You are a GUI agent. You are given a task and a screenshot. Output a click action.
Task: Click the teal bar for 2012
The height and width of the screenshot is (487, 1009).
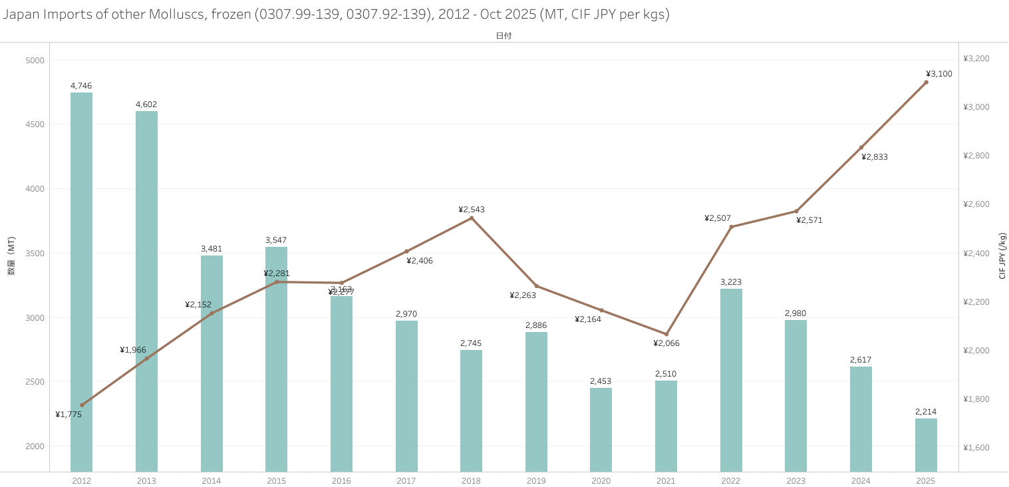pyautogui.click(x=81, y=279)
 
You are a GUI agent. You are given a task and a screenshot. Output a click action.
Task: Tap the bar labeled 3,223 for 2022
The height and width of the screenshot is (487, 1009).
pyautogui.click(x=731, y=379)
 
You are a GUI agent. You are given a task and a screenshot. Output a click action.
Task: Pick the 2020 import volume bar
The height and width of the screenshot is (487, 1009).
pyautogui.click(x=601, y=429)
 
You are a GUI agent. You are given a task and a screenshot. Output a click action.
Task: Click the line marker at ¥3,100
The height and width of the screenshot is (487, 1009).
pyautogui.click(x=926, y=82)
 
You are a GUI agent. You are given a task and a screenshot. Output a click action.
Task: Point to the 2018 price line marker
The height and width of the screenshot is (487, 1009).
pyautogui.click(x=472, y=218)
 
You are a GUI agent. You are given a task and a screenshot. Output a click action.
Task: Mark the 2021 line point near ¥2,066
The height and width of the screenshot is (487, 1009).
pyautogui.click(x=666, y=334)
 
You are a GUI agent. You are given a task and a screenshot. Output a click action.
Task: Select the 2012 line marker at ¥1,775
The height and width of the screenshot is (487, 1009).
pyautogui.click(x=82, y=405)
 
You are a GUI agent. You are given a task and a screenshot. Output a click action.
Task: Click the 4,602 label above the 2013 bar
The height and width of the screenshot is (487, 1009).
pyautogui.click(x=146, y=104)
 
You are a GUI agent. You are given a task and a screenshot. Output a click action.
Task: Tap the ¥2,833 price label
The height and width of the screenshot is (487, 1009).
pyautogui.click(x=875, y=158)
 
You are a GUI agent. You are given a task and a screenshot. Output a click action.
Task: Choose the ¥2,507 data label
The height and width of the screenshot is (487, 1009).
pyautogui.click(x=718, y=218)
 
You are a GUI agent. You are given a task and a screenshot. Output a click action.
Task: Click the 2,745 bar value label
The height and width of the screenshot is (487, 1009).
pyautogui.click(x=471, y=343)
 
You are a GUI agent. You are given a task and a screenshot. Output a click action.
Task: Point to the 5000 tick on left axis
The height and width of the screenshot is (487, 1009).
pyautogui.click(x=35, y=61)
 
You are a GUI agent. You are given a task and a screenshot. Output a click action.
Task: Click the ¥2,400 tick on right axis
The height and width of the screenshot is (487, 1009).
pyautogui.click(x=976, y=253)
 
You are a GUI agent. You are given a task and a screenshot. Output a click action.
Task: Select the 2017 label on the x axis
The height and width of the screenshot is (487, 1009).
pyautogui.click(x=406, y=481)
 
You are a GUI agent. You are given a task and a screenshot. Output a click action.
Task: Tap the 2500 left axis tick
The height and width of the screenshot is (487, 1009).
pyautogui.click(x=35, y=382)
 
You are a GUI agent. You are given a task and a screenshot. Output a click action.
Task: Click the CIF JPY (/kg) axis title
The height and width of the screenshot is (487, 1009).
pyautogui.click(x=1002, y=255)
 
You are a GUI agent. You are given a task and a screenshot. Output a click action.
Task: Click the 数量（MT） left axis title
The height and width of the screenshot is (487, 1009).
pyautogui.click(x=11, y=255)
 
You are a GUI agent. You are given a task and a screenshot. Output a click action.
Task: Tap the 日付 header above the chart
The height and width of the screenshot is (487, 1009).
pyautogui.click(x=504, y=36)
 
